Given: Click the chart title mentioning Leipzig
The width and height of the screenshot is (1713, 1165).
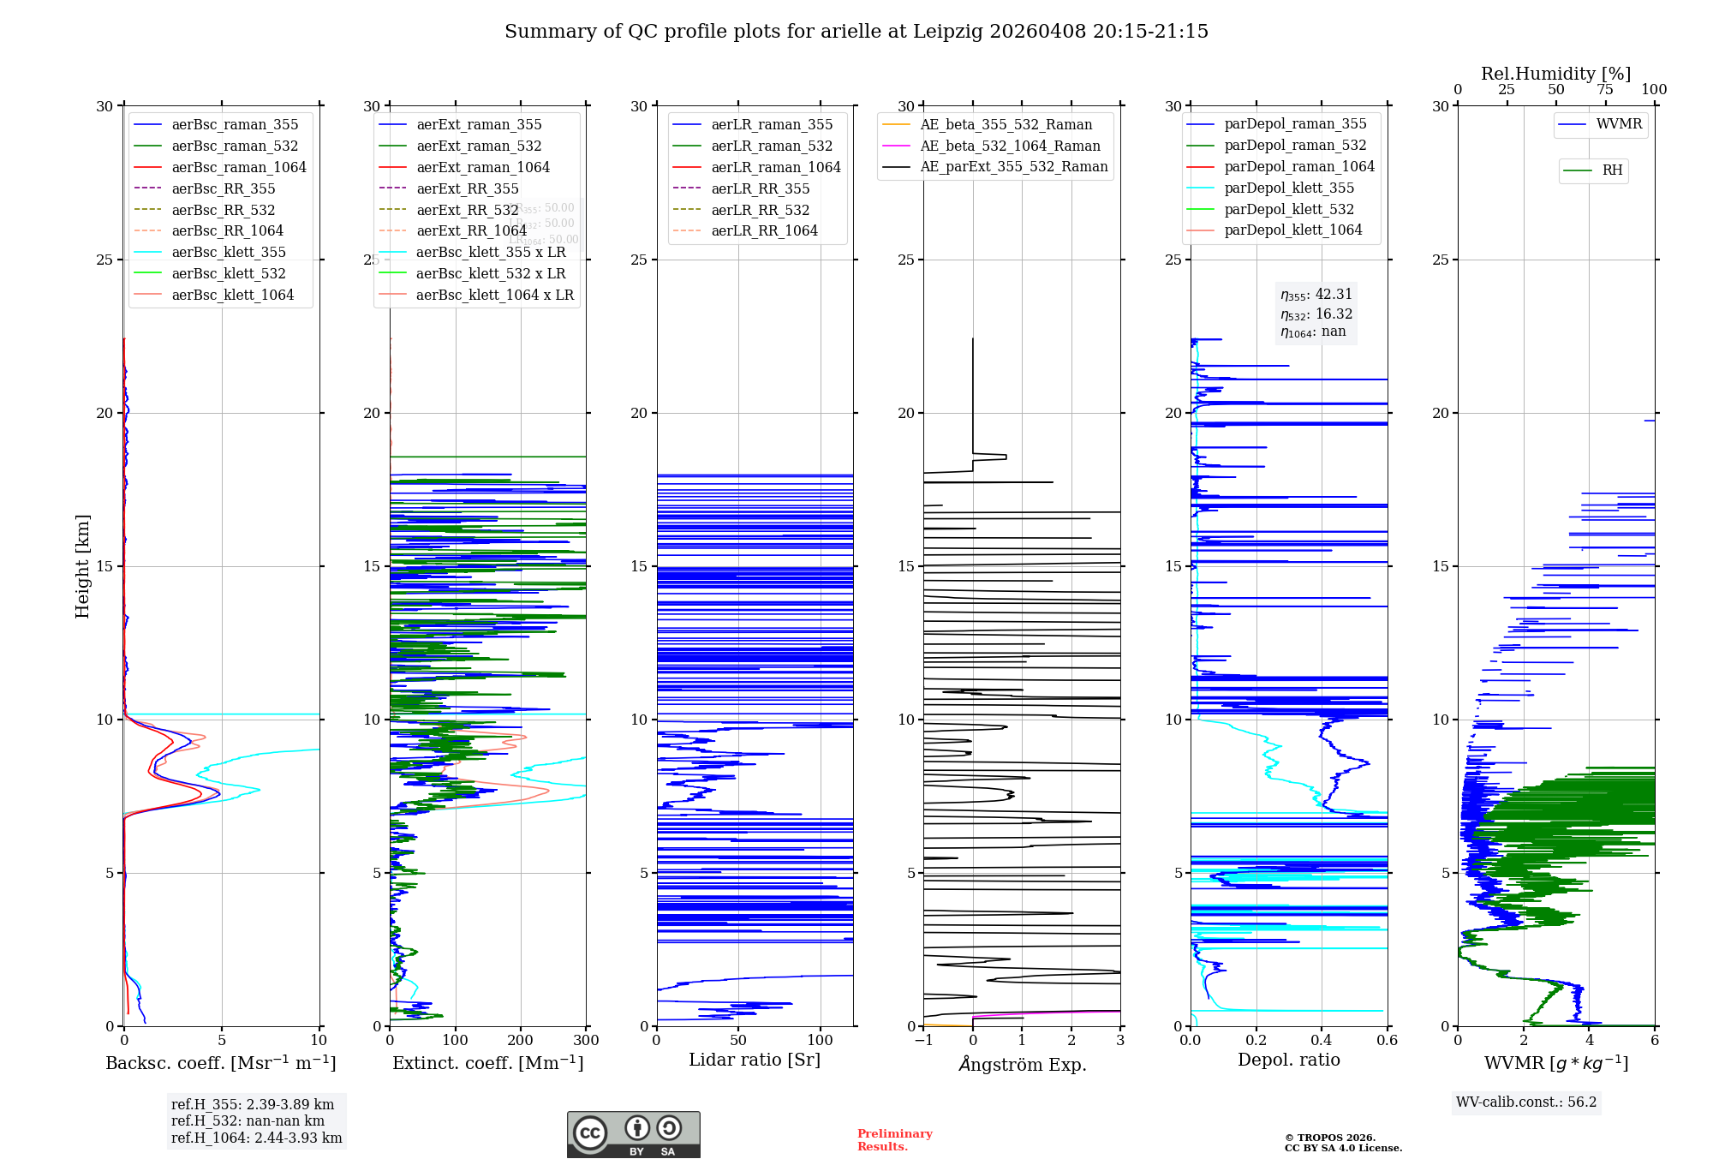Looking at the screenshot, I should click(x=856, y=32).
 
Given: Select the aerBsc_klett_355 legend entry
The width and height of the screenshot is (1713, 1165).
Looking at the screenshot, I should click(x=229, y=252).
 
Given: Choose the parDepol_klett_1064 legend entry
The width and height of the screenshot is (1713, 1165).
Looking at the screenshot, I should click(x=1292, y=230).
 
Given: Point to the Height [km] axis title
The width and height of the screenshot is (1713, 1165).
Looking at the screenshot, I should click(x=82, y=566).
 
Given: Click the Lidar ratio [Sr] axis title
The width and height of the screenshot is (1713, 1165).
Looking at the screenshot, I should click(x=754, y=1060).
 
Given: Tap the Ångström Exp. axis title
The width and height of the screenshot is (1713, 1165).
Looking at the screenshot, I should click(x=1022, y=1064).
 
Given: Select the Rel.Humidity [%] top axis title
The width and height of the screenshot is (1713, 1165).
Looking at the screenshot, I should click(x=1555, y=74).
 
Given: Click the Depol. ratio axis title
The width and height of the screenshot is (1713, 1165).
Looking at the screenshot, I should click(x=1288, y=1060).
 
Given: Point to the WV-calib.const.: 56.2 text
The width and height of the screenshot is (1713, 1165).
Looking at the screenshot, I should click(x=1526, y=1102).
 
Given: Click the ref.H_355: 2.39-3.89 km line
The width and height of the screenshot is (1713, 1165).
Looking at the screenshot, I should click(x=253, y=1104).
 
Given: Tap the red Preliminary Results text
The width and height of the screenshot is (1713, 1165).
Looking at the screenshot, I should click(x=894, y=1139).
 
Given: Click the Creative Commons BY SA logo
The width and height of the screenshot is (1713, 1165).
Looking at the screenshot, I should click(x=633, y=1134).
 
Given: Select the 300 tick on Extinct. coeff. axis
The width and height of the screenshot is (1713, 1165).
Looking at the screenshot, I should click(x=587, y=1040).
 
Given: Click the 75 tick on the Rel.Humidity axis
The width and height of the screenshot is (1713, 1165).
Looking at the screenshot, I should click(x=1605, y=90).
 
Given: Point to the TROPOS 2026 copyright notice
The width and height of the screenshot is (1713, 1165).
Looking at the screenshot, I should click(x=1342, y=1143).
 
